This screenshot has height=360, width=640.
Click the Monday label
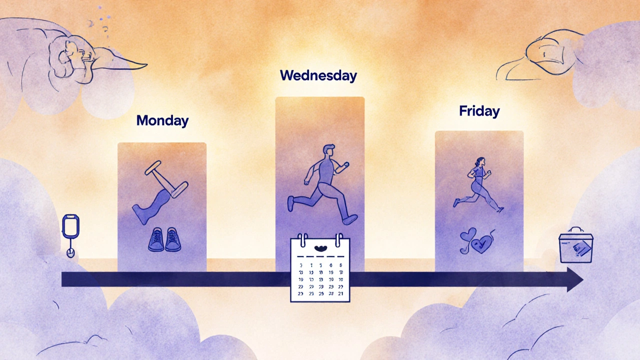tap(162, 120)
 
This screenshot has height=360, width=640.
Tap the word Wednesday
tap(318, 75)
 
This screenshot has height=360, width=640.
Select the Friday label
tap(479, 111)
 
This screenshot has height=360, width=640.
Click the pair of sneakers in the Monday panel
tap(164, 239)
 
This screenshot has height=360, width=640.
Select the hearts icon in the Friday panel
tap(477, 241)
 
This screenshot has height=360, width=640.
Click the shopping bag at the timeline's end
tap(575, 246)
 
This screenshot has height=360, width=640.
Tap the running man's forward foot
tap(350, 218)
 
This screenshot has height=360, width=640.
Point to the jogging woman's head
tap(480, 162)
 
